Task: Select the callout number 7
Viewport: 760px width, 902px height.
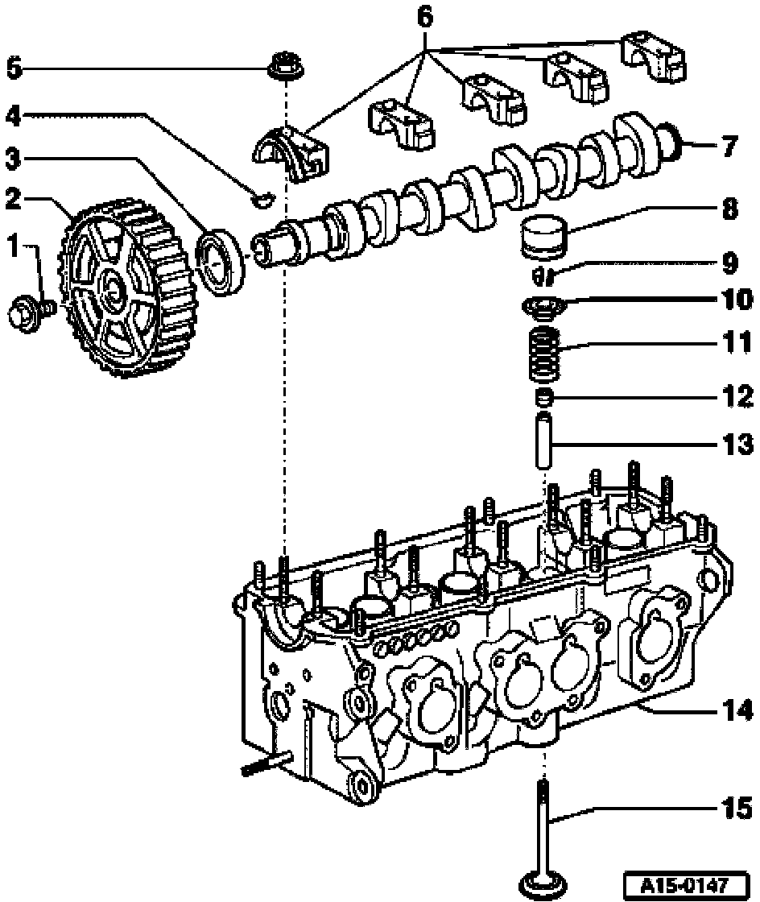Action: tap(729, 147)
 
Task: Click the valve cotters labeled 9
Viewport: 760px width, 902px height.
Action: tap(544, 277)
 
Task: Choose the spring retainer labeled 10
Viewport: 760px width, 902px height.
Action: tap(543, 306)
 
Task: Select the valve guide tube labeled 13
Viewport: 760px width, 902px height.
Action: tap(545, 438)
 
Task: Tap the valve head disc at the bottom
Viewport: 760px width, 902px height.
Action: tap(544, 885)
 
